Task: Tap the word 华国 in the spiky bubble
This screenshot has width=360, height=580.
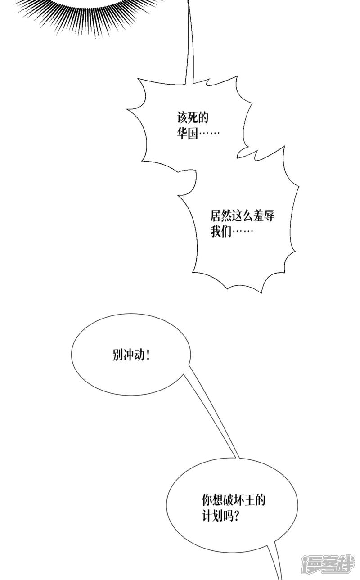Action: pos(188,134)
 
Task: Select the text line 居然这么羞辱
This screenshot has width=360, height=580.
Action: pos(242,216)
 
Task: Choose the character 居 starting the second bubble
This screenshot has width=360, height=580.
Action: pos(216,216)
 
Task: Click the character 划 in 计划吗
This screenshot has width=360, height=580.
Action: pos(218,516)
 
